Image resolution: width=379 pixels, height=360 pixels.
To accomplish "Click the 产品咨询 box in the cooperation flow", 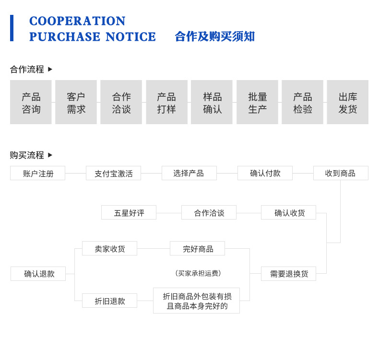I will (x=31, y=102).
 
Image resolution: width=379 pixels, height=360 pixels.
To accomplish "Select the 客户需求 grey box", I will (x=76, y=102).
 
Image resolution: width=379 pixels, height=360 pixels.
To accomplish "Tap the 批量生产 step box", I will (x=257, y=102).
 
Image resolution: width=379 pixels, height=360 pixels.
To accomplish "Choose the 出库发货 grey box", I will (x=347, y=102).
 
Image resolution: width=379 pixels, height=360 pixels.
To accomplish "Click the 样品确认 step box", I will (x=212, y=102).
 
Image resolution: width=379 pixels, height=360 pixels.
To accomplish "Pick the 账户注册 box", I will (x=37, y=173).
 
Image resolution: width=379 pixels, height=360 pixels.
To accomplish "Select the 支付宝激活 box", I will (x=113, y=173).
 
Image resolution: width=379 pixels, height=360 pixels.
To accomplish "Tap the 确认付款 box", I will (x=265, y=173).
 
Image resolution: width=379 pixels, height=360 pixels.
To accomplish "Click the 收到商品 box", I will (x=341, y=173).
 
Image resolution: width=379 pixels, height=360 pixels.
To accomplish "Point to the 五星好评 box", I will (x=129, y=212).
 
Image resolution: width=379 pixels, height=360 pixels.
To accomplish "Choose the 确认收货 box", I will (x=288, y=212).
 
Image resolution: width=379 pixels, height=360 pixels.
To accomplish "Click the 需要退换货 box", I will (x=288, y=274).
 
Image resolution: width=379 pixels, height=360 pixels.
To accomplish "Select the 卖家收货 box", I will (x=109, y=248).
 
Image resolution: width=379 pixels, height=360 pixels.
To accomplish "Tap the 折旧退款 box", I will (x=109, y=301).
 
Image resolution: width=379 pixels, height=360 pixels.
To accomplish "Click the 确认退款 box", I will (x=38, y=274).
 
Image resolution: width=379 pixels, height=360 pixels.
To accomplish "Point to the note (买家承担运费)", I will (x=198, y=273).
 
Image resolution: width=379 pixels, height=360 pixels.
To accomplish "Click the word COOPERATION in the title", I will (x=77, y=21).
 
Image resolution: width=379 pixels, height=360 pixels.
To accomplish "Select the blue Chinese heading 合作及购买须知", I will (x=214, y=36).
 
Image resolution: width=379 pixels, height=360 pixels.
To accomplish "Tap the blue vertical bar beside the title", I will (x=12, y=28).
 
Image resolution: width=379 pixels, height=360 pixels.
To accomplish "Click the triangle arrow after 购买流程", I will (x=50, y=155).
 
